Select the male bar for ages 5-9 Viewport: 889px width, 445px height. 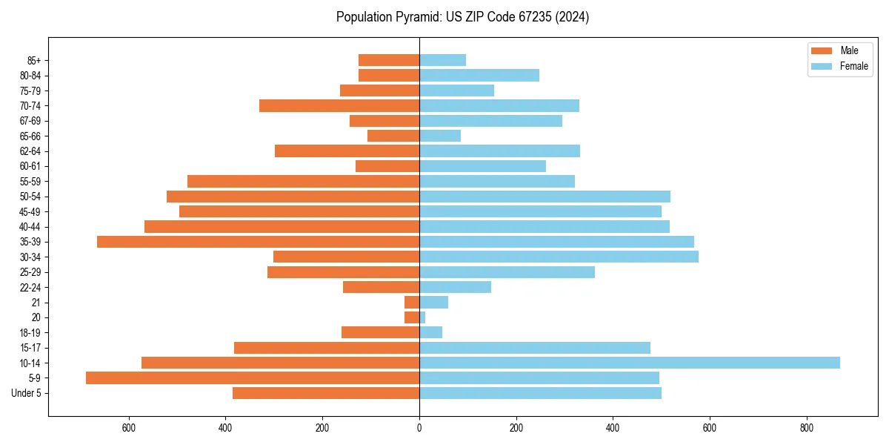pyautogui.click(x=253, y=378)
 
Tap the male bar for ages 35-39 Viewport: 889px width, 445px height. pyautogui.click(x=258, y=242)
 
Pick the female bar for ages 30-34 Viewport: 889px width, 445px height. pyautogui.click(x=559, y=257)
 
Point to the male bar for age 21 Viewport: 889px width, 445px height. pyautogui.click(x=412, y=303)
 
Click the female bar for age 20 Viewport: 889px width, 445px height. pyautogui.click(x=422, y=317)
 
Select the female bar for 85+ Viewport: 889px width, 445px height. pyautogui.click(x=442, y=60)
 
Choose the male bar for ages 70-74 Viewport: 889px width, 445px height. pyautogui.click(x=339, y=105)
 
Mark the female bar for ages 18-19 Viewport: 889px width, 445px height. pyautogui.click(x=430, y=332)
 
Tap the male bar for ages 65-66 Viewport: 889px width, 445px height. pyautogui.click(x=393, y=136)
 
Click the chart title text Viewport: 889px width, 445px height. pyautogui.click(x=462, y=17)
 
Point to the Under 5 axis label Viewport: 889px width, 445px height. pyautogui.click(x=27, y=393)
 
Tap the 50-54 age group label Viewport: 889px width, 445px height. pyautogui.click(x=31, y=197)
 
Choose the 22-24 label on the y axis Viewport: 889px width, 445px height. pyautogui.click(x=31, y=287)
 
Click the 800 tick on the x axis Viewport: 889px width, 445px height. pyautogui.click(x=807, y=428)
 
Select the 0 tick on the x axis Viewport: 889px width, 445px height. pyautogui.click(x=419, y=428)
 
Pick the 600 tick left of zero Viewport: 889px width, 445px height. pyautogui.click(x=129, y=428)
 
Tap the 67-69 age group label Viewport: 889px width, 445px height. pyautogui.click(x=31, y=121)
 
